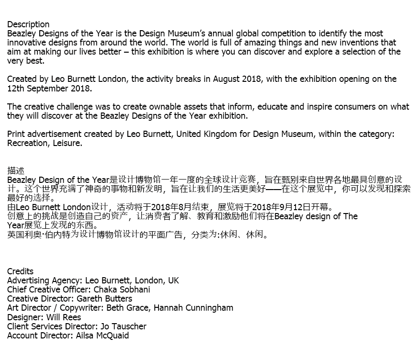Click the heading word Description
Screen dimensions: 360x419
tap(28, 24)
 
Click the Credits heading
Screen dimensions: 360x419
tap(21, 271)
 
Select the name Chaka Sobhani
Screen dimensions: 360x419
tap(122, 290)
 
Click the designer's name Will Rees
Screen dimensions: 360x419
tap(64, 317)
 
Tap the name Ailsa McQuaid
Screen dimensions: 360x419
tap(102, 336)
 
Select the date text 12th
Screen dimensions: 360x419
tap(16, 89)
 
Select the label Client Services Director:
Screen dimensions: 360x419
tap(53, 326)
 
